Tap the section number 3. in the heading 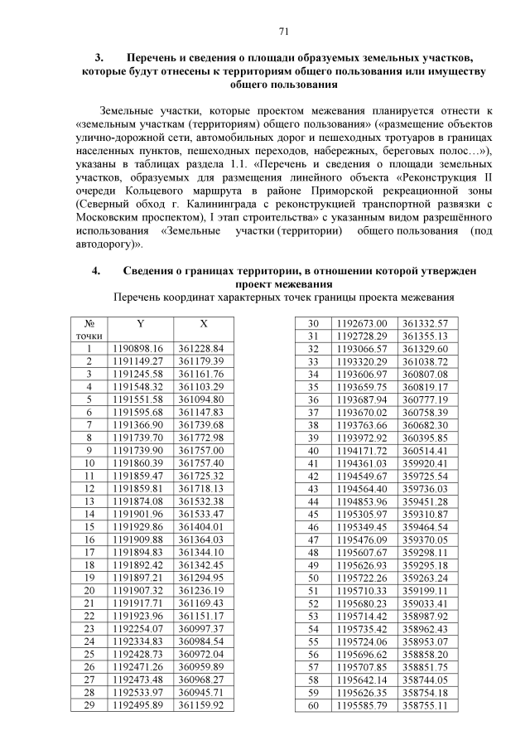99,58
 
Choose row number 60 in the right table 313,705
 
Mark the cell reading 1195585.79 364,705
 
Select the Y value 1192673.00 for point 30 364,323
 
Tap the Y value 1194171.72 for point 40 364,451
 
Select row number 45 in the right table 313,515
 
